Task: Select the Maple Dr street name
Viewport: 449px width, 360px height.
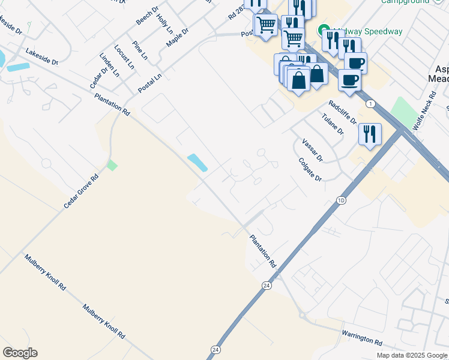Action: pos(177,40)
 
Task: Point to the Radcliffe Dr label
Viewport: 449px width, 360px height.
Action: pos(342,112)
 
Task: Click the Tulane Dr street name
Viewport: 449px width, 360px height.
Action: pos(333,124)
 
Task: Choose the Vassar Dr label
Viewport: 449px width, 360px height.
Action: pos(313,150)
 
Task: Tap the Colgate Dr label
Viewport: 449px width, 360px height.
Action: pos(310,170)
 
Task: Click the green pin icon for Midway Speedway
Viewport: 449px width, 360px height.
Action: pos(324,29)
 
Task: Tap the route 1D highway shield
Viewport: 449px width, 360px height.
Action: pos(342,200)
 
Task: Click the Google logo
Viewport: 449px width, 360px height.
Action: pos(20,353)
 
